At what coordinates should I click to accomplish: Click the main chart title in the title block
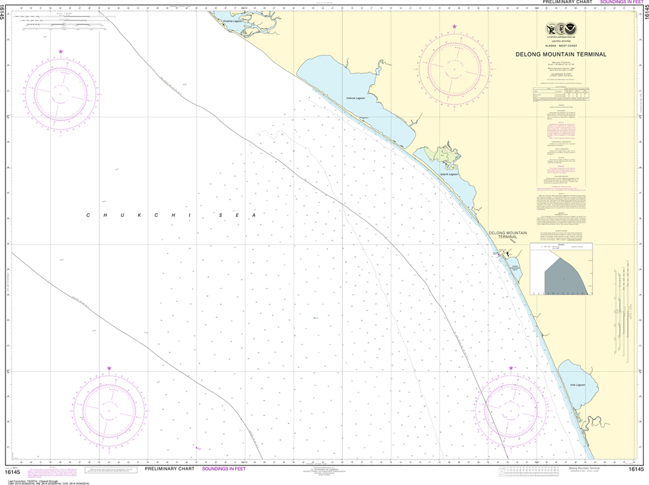coord(561,55)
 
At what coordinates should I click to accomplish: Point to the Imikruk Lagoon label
coord(356,98)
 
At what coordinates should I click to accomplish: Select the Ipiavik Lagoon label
coord(449,174)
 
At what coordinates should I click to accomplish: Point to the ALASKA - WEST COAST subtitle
coord(561,46)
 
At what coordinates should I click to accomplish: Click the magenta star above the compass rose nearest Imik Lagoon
coord(511,368)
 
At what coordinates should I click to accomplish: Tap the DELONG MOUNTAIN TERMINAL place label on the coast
coord(508,235)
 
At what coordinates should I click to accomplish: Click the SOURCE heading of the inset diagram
coord(561,245)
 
